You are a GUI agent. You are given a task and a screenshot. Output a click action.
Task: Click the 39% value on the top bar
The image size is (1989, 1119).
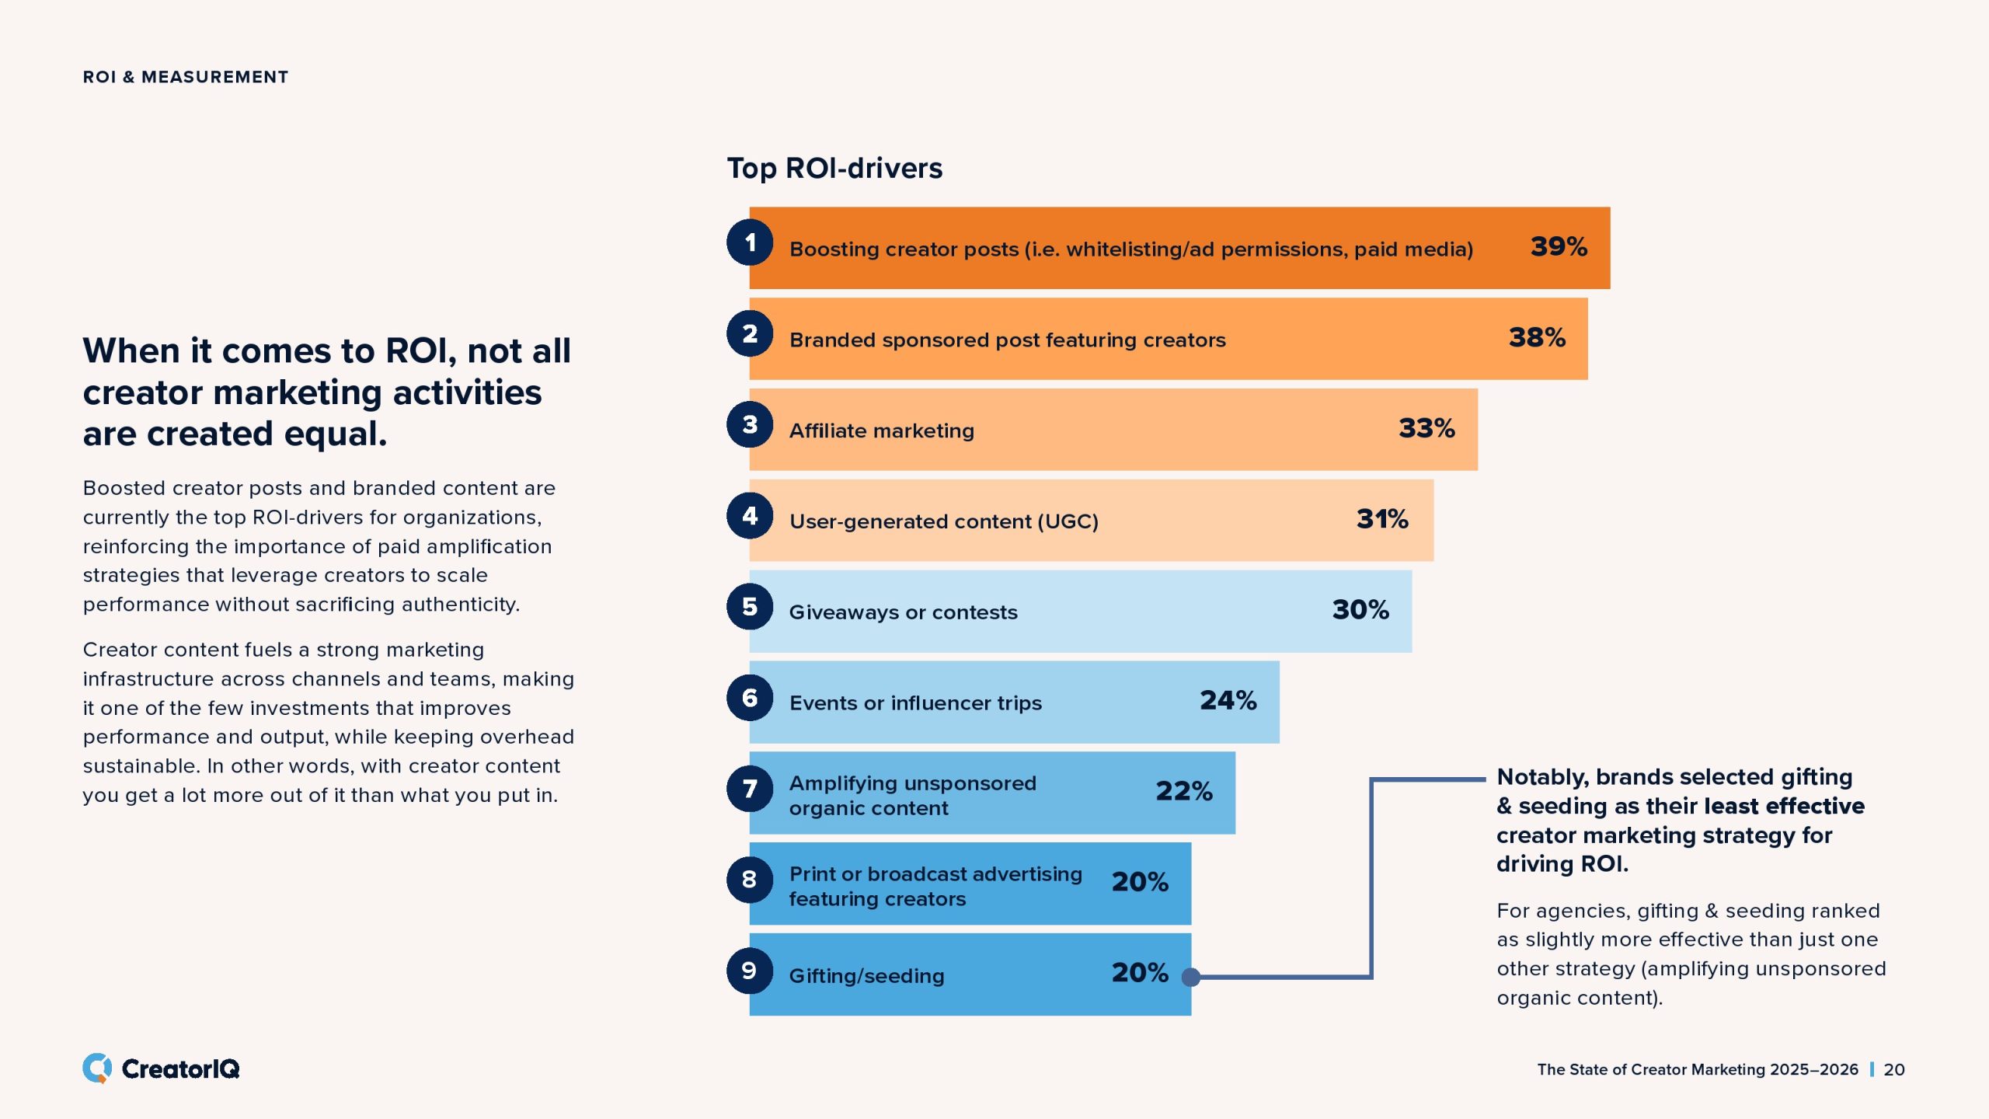point(1559,247)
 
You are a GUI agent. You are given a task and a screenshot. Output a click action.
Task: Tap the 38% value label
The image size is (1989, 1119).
point(1537,338)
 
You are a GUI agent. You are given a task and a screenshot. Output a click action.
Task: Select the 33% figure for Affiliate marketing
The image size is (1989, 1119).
point(1426,429)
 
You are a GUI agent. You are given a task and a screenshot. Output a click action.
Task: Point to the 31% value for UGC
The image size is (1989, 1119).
point(1382,519)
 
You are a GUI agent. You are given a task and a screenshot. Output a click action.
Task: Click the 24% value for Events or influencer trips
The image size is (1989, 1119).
point(1228,701)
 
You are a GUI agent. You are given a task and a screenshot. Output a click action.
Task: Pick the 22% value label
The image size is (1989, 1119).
point(1183,792)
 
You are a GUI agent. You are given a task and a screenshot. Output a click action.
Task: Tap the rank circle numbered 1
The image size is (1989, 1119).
point(750,242)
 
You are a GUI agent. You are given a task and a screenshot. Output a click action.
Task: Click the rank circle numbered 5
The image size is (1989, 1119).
point(750,606)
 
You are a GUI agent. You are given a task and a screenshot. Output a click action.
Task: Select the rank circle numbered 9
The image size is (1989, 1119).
point(750,971)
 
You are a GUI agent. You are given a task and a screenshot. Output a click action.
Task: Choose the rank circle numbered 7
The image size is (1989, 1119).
point(750,789)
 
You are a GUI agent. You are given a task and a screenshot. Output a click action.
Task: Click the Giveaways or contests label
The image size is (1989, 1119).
point(903,612)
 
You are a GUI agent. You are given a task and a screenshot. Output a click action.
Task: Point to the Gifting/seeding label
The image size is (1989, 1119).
point(866,976)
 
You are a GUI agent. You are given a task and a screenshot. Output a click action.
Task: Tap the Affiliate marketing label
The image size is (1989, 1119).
point(881,431)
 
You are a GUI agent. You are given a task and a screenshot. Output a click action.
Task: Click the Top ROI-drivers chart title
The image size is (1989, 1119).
point(834,168)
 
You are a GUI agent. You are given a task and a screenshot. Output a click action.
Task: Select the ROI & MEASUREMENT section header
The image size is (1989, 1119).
point(186,77)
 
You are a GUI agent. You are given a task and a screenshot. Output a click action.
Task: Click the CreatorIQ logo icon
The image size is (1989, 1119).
point(97,1068)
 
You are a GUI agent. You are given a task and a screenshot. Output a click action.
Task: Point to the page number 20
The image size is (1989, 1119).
point(1894,1070)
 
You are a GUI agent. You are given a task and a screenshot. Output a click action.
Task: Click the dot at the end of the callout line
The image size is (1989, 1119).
point(1190,977)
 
